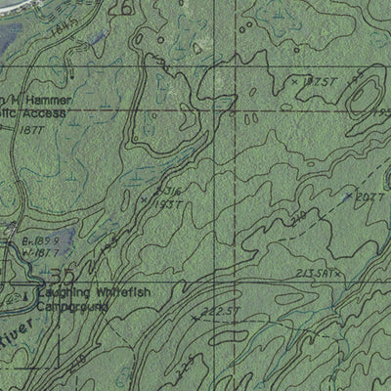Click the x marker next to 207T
[x=348, y=195]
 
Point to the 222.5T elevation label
[x=221, y=312]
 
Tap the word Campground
[x=70, y=307]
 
